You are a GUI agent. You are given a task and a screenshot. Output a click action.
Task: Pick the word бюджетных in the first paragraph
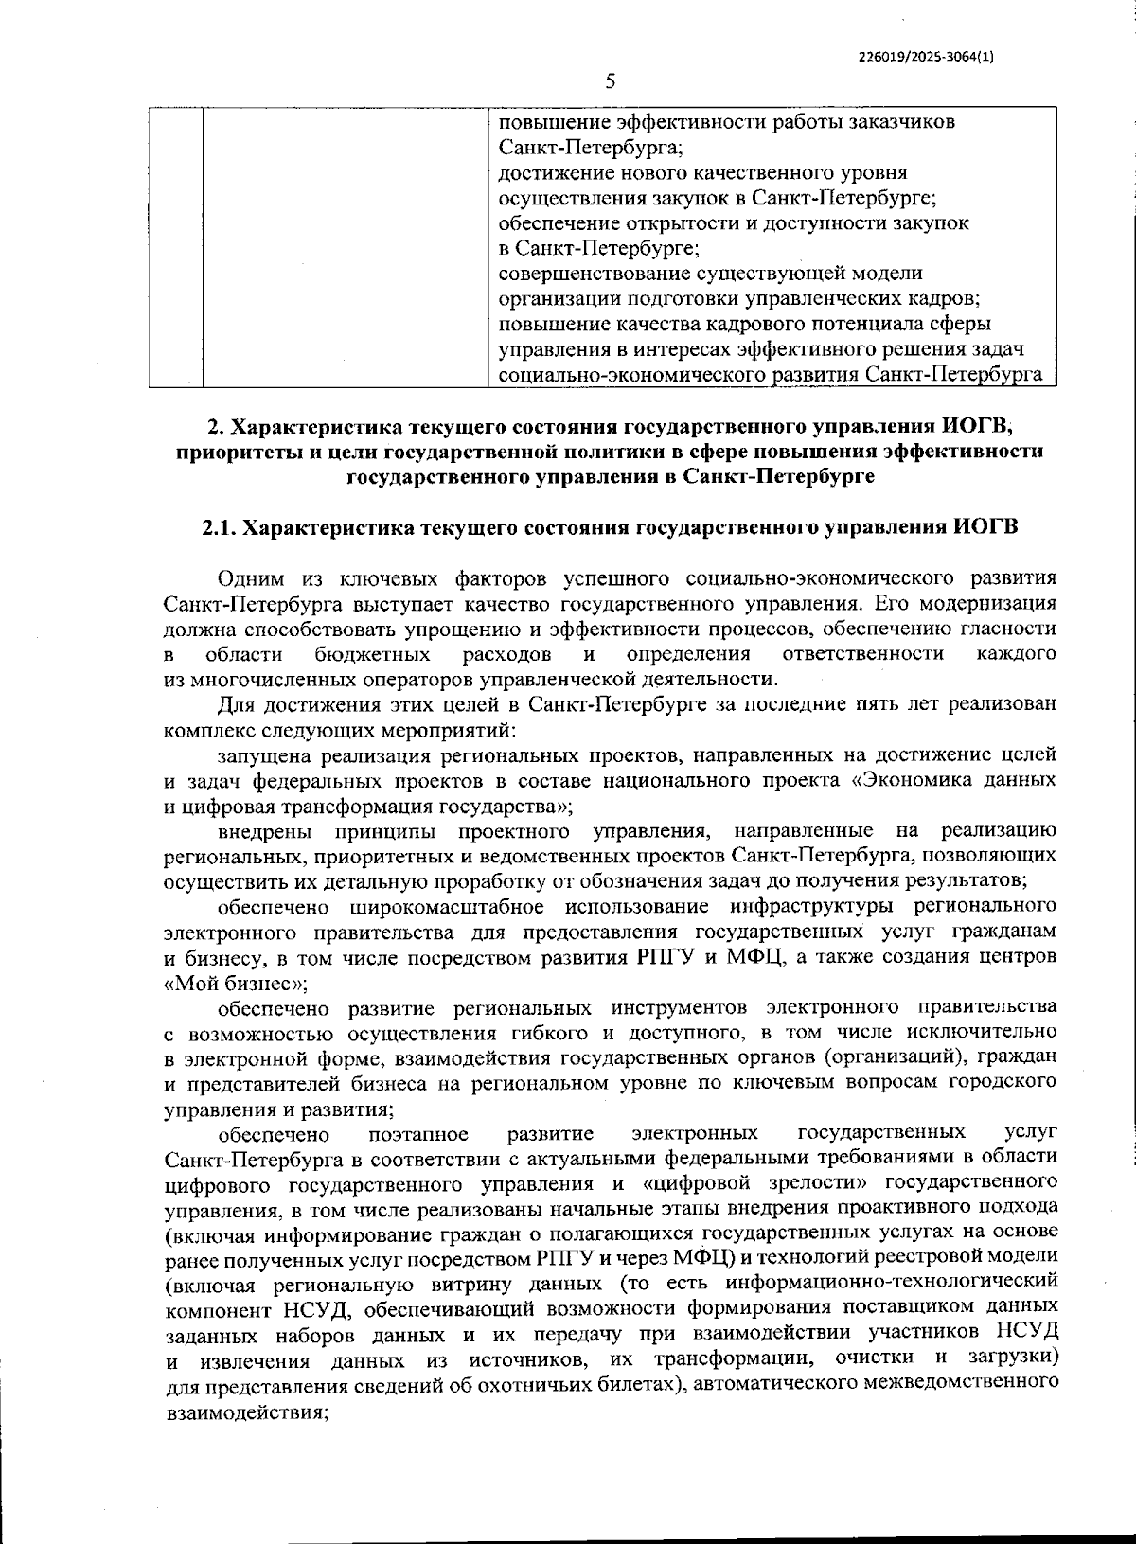(372, 654)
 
